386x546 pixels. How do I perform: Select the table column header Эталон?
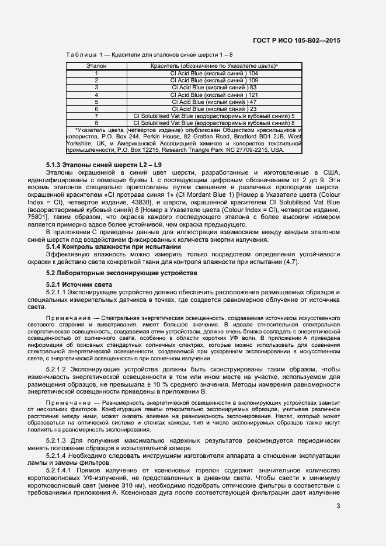pos(96,67)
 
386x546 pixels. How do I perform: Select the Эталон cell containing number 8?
pos(96,123)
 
